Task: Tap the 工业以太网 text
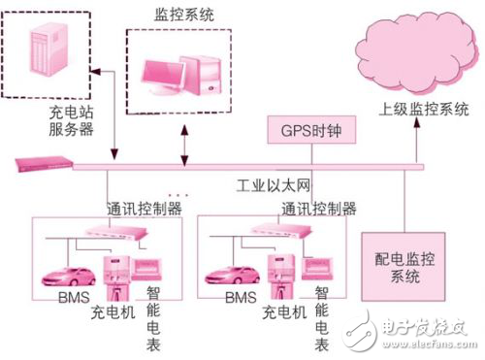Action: click(271, 183)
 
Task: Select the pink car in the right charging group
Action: click(239, 277)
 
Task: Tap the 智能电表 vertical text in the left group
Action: click(154, 315)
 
